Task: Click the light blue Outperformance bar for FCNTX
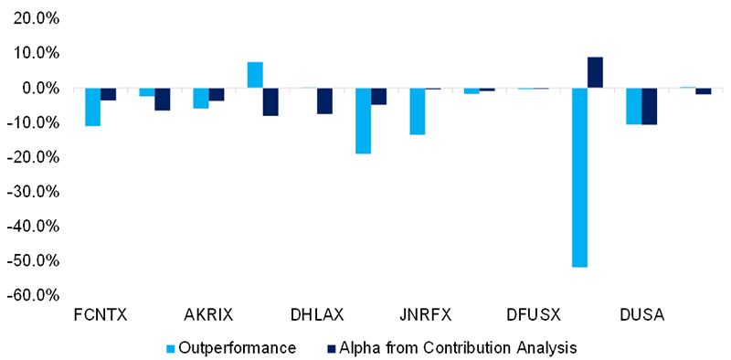point(92,107)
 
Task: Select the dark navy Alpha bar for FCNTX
point(108,94)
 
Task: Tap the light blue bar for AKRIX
point(200,99)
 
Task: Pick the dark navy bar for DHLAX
point(324,101)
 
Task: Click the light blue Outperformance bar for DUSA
point(633,106)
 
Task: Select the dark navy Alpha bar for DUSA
point(649,106)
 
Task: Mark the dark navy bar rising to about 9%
point(595,72)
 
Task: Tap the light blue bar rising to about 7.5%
point(255,75)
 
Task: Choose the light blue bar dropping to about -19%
point(363,121)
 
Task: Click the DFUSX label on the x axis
point(533,315)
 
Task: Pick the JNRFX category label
point(425,315)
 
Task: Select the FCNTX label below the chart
point(101,315)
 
